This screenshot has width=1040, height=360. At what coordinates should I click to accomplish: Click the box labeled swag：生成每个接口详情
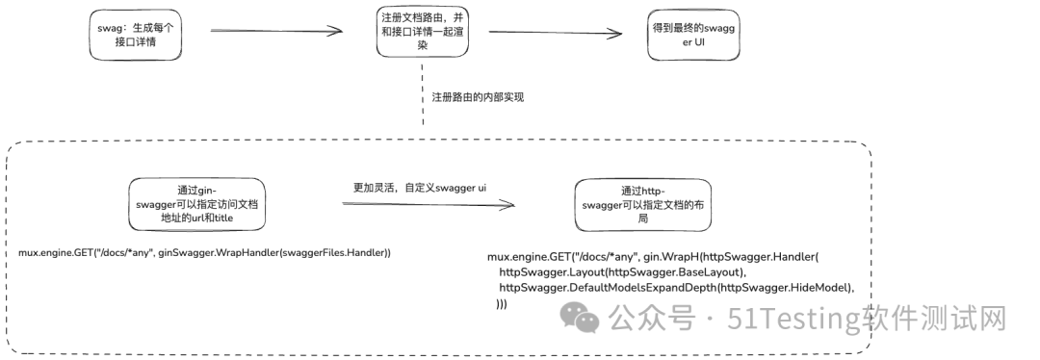pyautogui.click(x=137, y=35)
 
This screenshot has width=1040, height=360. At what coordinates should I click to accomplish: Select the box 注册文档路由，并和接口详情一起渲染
pyautogui.click(x=422, y=32)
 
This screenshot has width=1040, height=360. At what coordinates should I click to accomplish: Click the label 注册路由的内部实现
pyautogui.click(x=477, y=97)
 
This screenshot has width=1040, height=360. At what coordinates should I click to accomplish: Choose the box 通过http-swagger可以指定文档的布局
pyautogui.click(x=642, y=204)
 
